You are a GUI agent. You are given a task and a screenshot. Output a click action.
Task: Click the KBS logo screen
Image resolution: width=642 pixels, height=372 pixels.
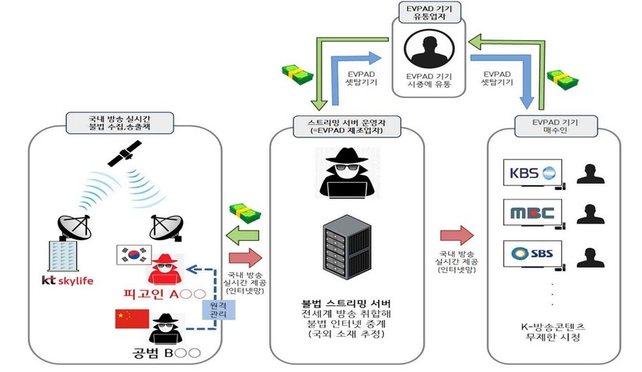click(533, 173)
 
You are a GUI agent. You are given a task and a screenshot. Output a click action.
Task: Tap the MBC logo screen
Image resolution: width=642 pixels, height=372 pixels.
click(533, 213)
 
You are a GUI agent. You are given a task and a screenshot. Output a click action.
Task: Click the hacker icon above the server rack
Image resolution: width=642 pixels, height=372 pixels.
click(346, 172)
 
